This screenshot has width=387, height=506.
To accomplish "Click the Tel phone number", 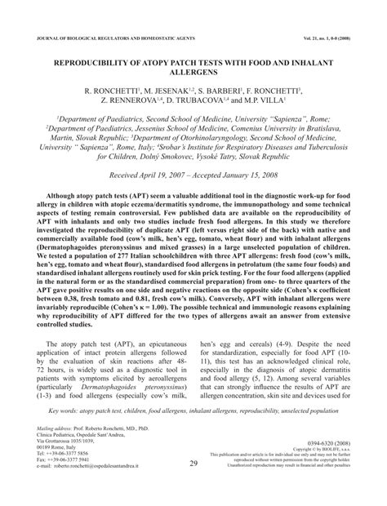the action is click(65, 477).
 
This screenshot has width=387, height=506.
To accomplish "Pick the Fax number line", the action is click(65, 483).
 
